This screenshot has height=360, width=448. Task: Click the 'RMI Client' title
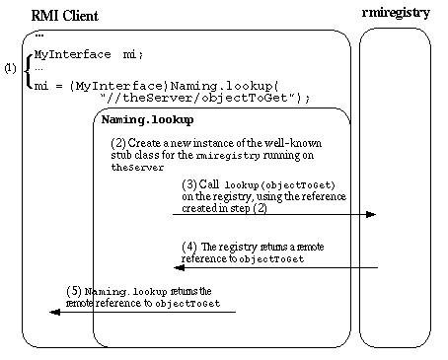(x=66, y=17)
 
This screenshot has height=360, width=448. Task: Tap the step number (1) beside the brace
(x=10, y=69)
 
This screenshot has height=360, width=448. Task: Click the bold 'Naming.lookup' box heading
(x=138, y=119)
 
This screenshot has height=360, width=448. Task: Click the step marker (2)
(x=117, y=143)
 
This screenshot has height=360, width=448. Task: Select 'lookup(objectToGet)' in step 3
(x=280, y=184)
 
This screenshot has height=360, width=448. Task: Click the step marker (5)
(x=72, y=291)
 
